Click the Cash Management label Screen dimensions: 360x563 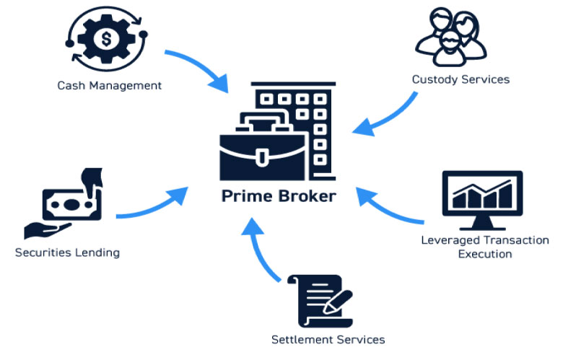point(109,86)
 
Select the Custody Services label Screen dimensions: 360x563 point(461,79)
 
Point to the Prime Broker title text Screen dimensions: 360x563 point(279,196)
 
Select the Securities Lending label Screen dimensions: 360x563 point(67,253)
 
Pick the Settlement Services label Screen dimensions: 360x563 point(328,339)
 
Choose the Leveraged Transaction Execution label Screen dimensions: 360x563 point(485,247)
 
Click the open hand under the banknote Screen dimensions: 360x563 point(47,230)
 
